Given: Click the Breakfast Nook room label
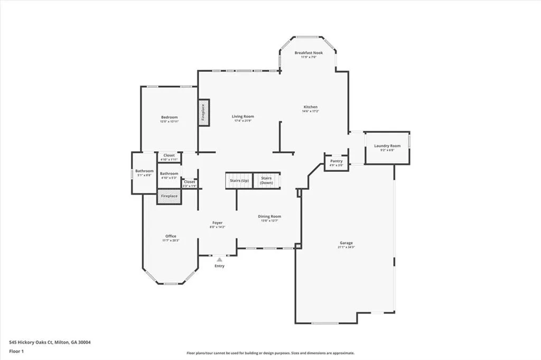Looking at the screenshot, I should point(309,53).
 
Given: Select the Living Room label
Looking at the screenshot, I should point(243,116).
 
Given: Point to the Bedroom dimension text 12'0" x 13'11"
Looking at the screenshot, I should point(170,122).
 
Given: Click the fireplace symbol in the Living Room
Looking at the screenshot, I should point(204,113).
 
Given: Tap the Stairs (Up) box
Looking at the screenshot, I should point(239,180).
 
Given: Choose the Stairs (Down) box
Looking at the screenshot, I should point(266,180).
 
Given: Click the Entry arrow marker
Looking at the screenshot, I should point(219,260).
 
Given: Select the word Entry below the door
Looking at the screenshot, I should point(219,266).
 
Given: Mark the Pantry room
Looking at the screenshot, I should point(337,163).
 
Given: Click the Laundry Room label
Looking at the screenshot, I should point(387,146).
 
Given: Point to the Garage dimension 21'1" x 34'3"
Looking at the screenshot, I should point(346,247).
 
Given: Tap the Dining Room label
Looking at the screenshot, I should point(269,216).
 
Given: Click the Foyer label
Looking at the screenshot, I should point(218,223).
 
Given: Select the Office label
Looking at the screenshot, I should point(170,236).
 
